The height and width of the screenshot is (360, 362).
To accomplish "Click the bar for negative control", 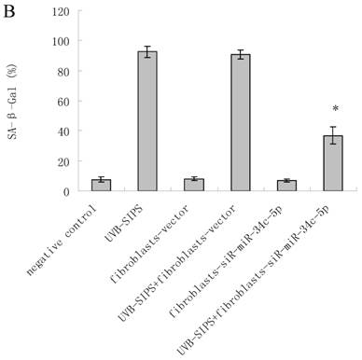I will click(101, 186).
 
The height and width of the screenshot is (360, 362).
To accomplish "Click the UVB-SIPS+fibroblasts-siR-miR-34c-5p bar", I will click(333, 163).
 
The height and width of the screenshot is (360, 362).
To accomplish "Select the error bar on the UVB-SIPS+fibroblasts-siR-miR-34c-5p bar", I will click(333, 135).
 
